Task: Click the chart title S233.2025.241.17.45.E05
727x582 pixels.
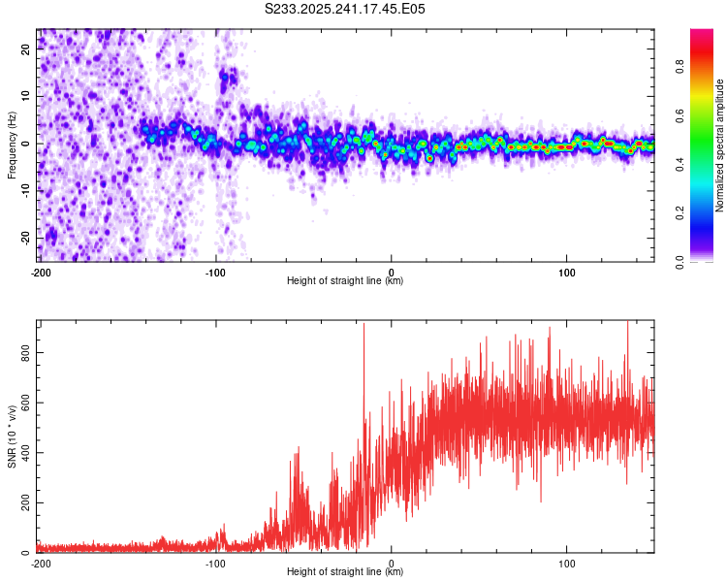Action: [x=345, y=9]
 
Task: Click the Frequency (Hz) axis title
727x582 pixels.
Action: [x=12, y=145]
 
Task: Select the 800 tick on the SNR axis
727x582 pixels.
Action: [x=25, y=353]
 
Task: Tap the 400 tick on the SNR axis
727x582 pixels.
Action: [x=25, y=453]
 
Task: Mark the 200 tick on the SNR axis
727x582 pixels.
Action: [x=25, y=502]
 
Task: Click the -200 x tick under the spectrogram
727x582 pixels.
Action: [x=41, y=272]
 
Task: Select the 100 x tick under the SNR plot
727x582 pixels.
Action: [x=567, y=563]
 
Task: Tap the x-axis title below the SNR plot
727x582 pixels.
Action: [x=345, y=572]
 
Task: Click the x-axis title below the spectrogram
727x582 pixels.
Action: [x=345, y=281]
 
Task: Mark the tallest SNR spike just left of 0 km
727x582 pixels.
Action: [x=363, y=326]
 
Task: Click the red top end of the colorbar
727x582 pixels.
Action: [x=701, y=34]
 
